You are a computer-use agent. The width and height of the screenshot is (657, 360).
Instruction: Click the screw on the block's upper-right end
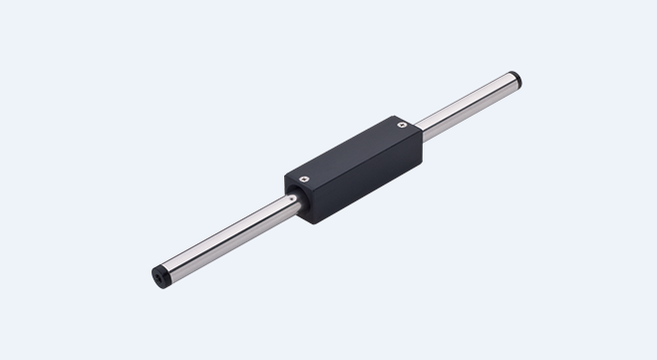[400, 127]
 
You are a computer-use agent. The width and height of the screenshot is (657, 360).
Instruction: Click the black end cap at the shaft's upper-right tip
[515, 78]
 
